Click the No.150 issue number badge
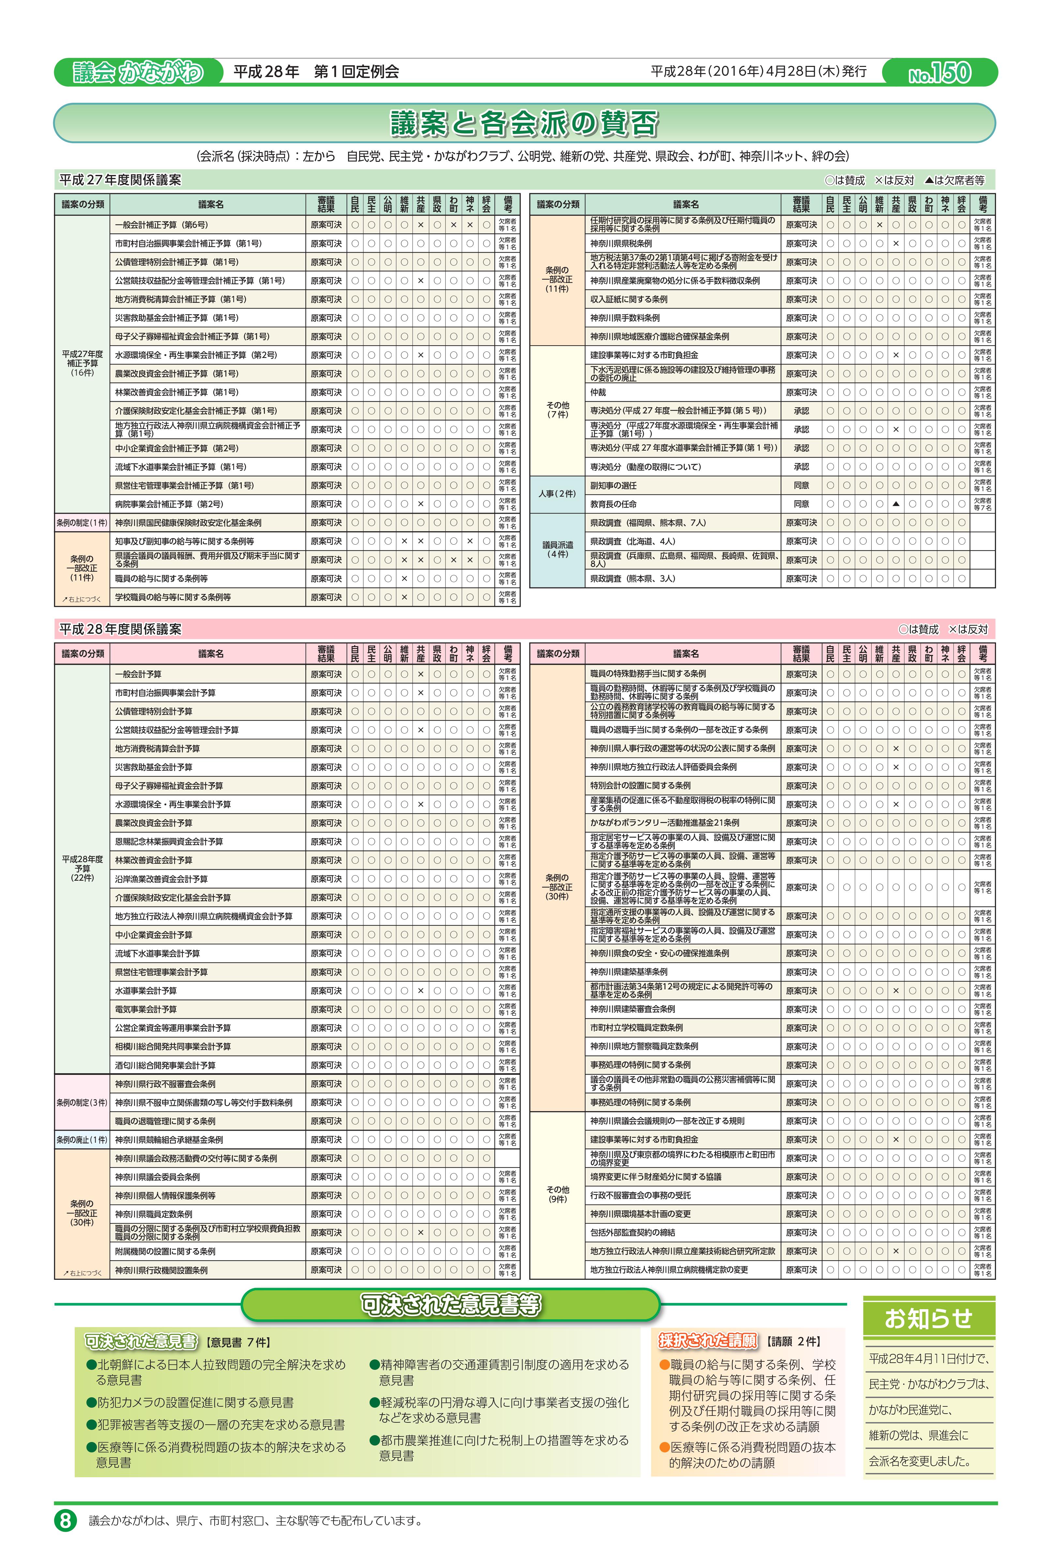pyautogui.click(x=939, y=72)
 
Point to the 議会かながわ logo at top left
pyautogui.click(x=138, y=72)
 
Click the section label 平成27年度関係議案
pyautogui.click(x=121, y=180)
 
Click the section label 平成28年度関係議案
pyautogui.click(x=121, y=629)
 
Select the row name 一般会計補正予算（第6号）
pyautogui.click(x=162, y=225)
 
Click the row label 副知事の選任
pyautogui.click(x=613, y=485)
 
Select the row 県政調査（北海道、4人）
pyautogui.click(x=633, y=541)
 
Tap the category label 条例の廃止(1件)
pyautogui.click(x=82, y=1139)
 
